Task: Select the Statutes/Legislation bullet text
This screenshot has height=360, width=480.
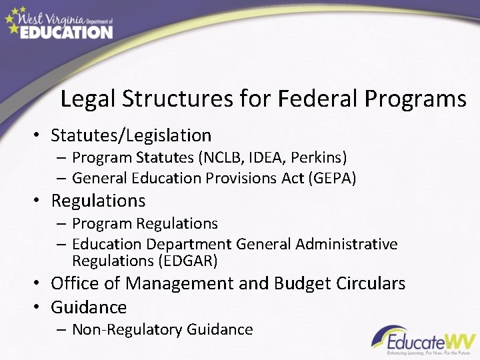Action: point(131,135)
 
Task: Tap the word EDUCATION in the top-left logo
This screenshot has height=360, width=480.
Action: point(66,31)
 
